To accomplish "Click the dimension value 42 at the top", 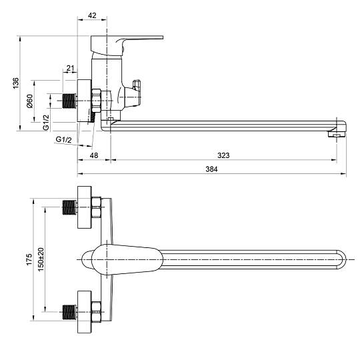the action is (x=92, y=15).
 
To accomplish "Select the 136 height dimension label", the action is (x=15, y=83).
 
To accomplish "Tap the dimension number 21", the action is (x=71, y=68).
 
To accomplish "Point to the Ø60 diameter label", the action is (x=30, y=101).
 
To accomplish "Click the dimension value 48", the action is (x=94, y=155).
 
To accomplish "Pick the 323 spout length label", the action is (x=223, y=155).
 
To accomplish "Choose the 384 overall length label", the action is (x=211, y=169).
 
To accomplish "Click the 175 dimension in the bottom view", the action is (x=29, y=259).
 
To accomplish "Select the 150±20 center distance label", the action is (x=41, y=259).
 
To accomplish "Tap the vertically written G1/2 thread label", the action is (x=46, y=123).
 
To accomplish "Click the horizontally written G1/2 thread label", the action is (x=63, y=139).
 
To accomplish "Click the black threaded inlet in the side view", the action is (x=70, y=101).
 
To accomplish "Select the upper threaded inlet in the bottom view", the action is (x=70, y=207).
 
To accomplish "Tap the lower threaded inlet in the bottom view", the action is (x=70, y=312).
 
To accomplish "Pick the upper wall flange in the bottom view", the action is (x=85, y=207).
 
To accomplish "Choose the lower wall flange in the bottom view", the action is (x=85, y=312).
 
